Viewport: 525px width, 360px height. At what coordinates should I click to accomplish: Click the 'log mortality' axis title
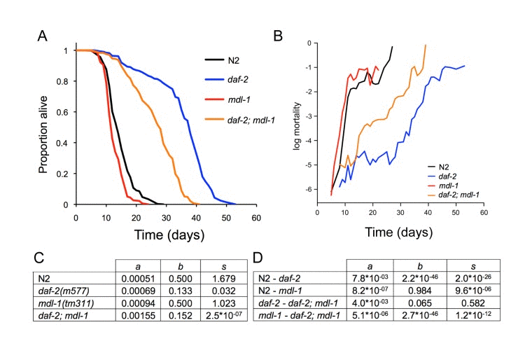point(297,125)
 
